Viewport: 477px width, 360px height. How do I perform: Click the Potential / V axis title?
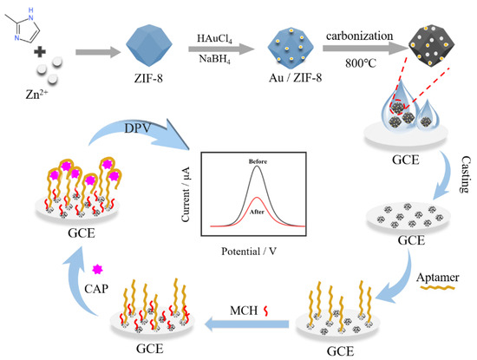[256, 258]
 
